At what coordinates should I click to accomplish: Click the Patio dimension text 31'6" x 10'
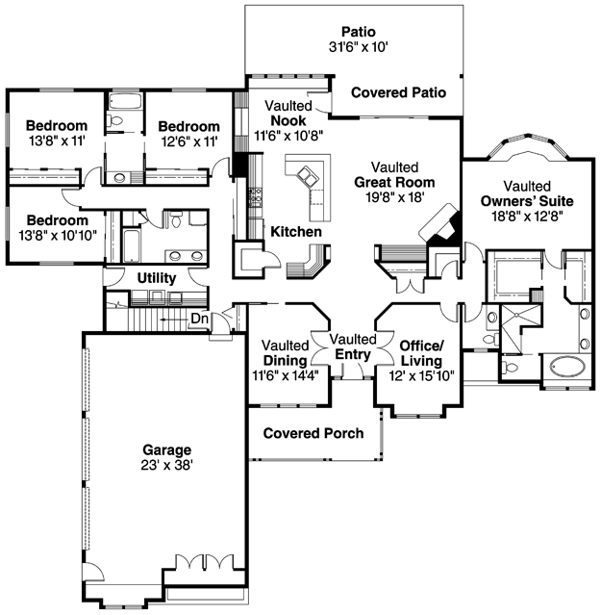[358, 47]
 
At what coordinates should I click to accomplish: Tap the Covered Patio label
[398, 92]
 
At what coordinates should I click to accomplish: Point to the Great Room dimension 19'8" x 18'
[395, 197]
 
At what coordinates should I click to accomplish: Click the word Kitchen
[296, 231]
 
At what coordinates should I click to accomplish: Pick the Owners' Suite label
[527, 201]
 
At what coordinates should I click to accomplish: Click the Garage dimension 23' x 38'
[167, 465]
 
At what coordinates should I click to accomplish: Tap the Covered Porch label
[313, 433]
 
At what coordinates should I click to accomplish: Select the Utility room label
[157, 278]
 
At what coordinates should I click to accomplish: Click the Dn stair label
[199, 319]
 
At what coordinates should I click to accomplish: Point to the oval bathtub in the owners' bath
[567, 368]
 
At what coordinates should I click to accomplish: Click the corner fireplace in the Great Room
[440, 227]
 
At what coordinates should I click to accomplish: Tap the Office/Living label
[421, 353]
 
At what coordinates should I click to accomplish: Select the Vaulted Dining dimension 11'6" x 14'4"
[286, 375]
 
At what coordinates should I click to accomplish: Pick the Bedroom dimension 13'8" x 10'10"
[58, 236]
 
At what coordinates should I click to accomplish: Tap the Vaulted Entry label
[353, 346]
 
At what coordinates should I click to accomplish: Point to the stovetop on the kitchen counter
[256, 197]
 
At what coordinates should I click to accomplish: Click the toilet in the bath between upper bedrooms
[114, 120]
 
